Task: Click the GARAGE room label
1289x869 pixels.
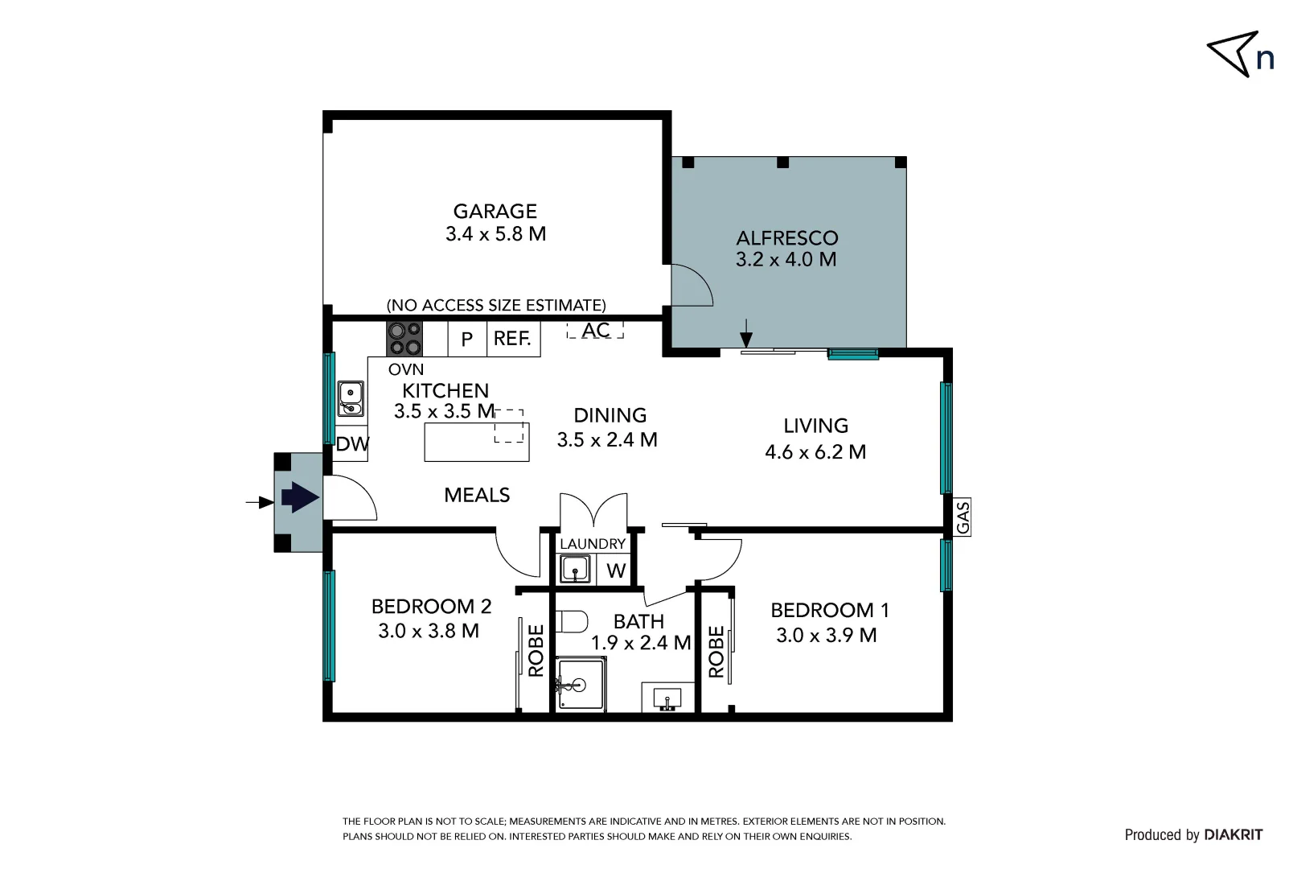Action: tap(495, 212)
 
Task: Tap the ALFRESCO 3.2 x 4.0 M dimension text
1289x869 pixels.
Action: tap(786, 260)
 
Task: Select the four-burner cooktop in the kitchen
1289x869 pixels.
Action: tap(404, 339)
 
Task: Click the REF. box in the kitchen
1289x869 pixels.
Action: tap(512, 339)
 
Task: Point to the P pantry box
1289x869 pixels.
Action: tap(466, 340)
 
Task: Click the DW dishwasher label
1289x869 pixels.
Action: tap(352, 444)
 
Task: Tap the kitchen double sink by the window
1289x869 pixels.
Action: tap(350, 398)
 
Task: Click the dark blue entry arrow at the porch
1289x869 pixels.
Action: tap(299, 497)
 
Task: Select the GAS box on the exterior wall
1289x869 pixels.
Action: tap(963, 517)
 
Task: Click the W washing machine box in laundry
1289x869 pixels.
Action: tap(616, 570)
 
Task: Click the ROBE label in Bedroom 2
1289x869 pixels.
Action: tap(536, 650)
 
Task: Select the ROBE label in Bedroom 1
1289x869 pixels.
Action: tap(716, 652)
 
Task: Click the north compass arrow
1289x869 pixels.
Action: tap(1233, 53)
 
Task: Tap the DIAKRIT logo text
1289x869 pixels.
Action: tap(1233, 834)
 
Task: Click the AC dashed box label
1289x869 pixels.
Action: tap(595, 330)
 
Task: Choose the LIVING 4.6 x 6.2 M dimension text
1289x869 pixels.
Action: tap(815, 452)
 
